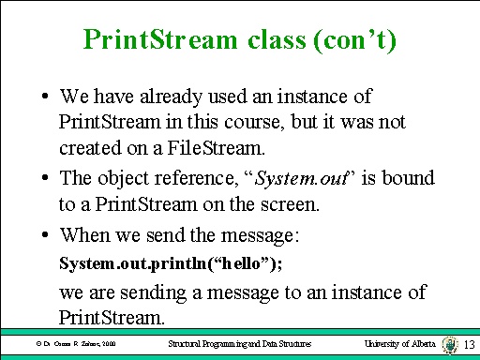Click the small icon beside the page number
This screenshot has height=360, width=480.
pyautogui.click(x=451, y=344)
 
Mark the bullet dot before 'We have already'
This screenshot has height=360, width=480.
pyautogui.click(x=45, y=97)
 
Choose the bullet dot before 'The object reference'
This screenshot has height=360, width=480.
pyautogui.click(x=45, y=177)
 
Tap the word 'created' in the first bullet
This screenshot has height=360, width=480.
pyautogui.click(x=88, y=147)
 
